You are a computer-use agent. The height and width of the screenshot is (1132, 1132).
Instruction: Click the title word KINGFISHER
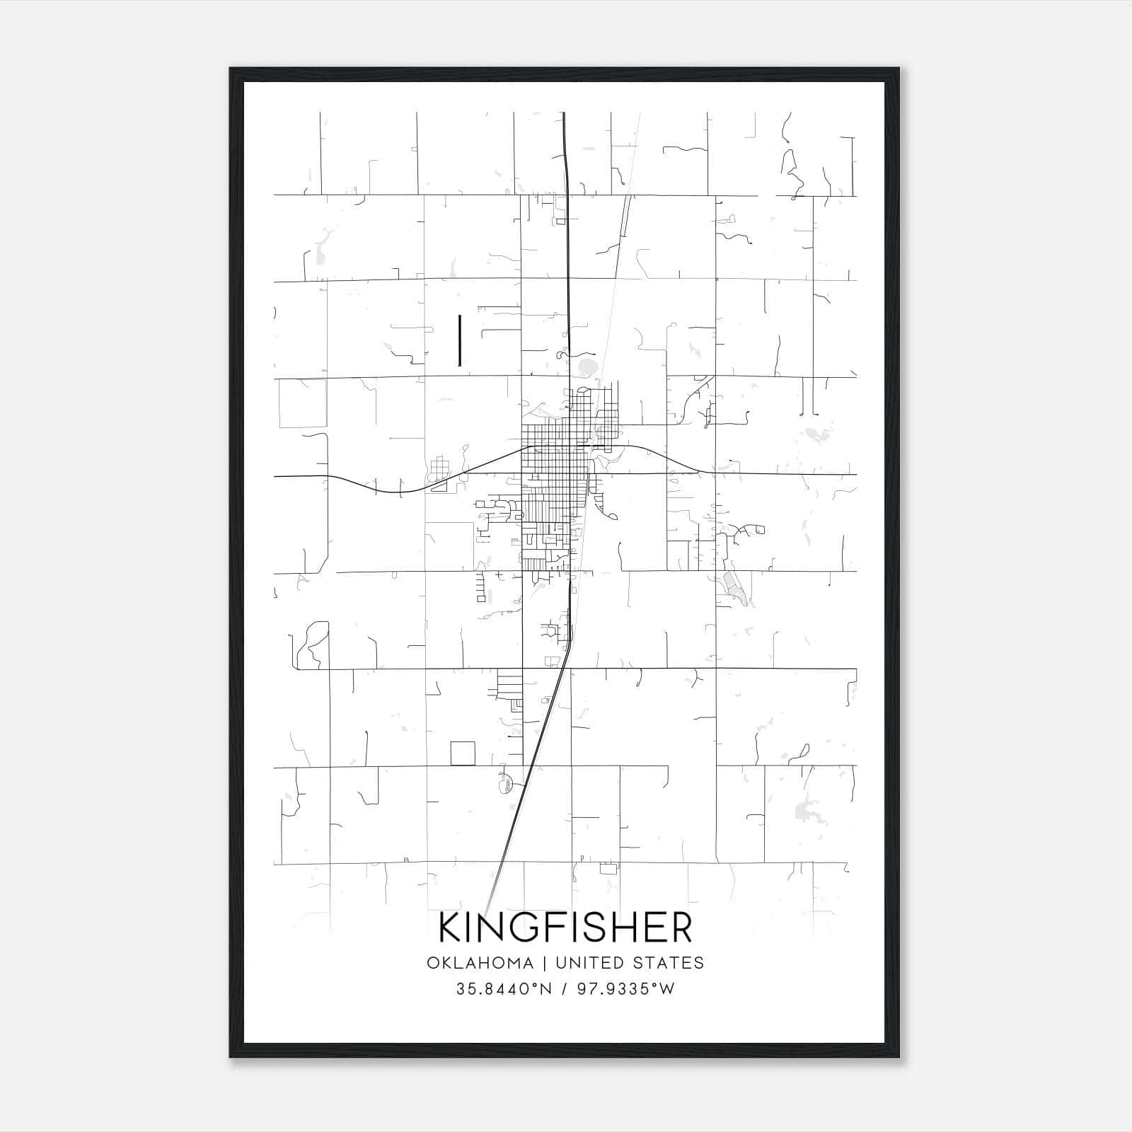[x=565, y=928]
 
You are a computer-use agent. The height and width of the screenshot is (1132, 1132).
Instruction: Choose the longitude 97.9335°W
[x=625, y=989]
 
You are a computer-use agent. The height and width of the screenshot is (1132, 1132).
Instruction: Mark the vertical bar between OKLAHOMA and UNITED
[x=545, y=963]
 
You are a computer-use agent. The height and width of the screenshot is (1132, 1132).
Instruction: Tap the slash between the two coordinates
[x=564, y=989]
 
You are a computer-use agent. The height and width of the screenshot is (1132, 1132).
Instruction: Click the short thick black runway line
[x=460, y=340]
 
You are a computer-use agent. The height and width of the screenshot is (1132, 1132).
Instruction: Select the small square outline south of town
[x=463, y=753]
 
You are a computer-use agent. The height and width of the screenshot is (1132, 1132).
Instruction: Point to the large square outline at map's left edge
[x=302, y=403]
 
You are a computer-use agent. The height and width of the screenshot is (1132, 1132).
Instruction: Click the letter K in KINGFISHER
[x=450, y=928]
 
